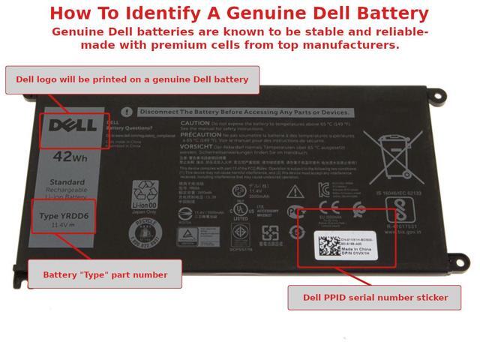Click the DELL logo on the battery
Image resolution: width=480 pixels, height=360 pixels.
pyautogui.click(x=72, y=126)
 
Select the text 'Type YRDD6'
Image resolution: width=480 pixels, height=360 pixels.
pyautogui.click(x=64, y=216)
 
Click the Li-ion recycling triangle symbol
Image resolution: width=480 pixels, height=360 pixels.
pyautogui.click(x=144, y=193)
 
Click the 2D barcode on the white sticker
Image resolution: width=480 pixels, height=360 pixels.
pyautogui.click(x=328, y=246)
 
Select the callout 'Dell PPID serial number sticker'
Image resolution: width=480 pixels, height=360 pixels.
pyautogui.click(x=375, y=297)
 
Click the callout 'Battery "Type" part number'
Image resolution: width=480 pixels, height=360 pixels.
pyautogui.click(x=105, y=274)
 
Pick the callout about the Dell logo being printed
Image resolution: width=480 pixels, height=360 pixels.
pyautogui.click(x=132, y=79)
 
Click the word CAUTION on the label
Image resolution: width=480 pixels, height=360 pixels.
pyautogui.click(x=195, y=123)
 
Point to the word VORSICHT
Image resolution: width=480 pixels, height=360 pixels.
pyautogui.click(x=196, y=147)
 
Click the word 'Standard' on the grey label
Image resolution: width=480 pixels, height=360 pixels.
pyautogui.click(x=67, y=182)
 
